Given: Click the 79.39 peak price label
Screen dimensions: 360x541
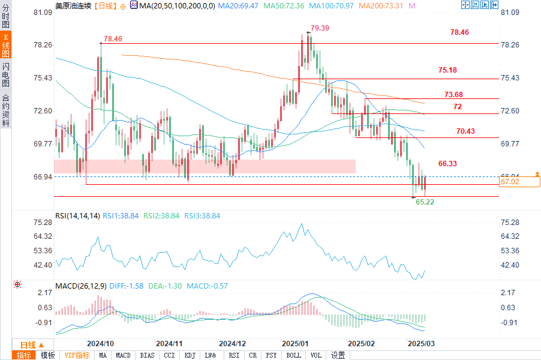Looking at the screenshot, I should [320, 28].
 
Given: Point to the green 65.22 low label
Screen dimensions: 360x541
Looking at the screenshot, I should [425, 202].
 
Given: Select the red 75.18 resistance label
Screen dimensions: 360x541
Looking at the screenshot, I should [447, 70].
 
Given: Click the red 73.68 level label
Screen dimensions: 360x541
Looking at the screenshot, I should [453, 95].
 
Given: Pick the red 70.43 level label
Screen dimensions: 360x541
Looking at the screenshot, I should [465, 131].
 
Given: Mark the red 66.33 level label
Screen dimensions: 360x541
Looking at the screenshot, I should [448, 164].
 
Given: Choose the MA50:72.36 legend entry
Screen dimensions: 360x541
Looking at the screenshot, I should [285, 5].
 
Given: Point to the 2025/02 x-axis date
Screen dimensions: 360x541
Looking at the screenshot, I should [361, 344].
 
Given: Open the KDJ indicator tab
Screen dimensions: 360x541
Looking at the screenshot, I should [190, 355].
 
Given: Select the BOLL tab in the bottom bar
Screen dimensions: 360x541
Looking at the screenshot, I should [294, 355].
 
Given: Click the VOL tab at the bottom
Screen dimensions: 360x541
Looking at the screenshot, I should [315, 355].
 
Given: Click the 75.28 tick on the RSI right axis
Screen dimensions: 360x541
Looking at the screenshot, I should [509, 223].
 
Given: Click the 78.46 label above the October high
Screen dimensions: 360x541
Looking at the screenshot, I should [113, 39].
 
